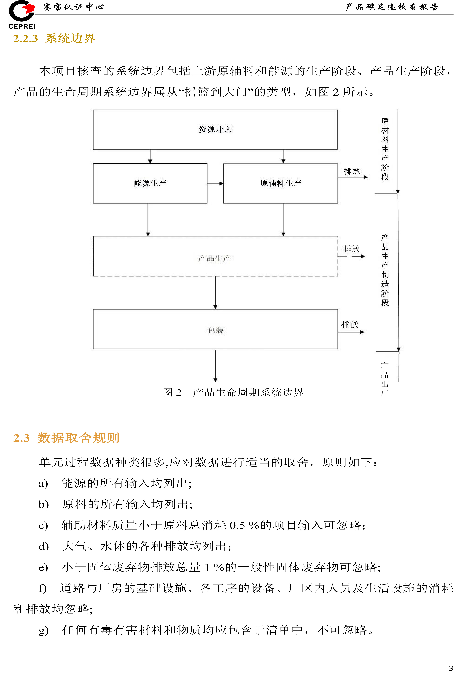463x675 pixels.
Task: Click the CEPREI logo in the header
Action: (22, 15)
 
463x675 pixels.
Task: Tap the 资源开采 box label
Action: (215, 129)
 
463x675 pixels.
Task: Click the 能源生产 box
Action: (150, 183)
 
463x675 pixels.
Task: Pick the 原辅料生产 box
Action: (280, 183)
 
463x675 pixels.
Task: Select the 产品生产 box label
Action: (215, 258)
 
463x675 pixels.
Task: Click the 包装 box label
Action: (215, 330)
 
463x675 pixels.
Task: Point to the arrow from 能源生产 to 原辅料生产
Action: (215, 184)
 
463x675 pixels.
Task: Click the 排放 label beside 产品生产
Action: (351, 249)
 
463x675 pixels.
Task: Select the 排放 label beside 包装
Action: (350, 325)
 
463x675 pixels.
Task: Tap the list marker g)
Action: (44, 630)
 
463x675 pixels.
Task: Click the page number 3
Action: (451, 668)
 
